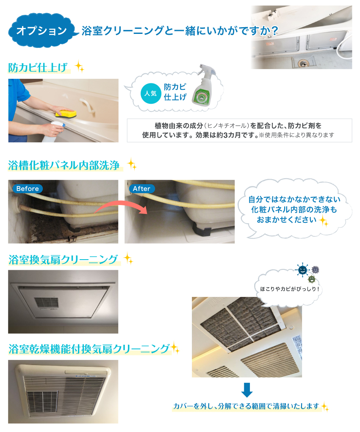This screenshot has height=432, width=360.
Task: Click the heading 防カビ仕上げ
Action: (38, 67)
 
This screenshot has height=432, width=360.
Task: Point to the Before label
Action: (28, 188)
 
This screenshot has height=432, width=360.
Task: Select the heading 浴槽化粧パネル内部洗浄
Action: (64, 165)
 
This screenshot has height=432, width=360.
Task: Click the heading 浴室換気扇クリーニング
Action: (63, 259)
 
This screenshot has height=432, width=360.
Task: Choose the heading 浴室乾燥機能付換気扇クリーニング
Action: (89, 349)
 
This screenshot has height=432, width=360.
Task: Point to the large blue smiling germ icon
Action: (302, 270)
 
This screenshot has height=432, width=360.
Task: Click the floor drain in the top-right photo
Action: (303, 63)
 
